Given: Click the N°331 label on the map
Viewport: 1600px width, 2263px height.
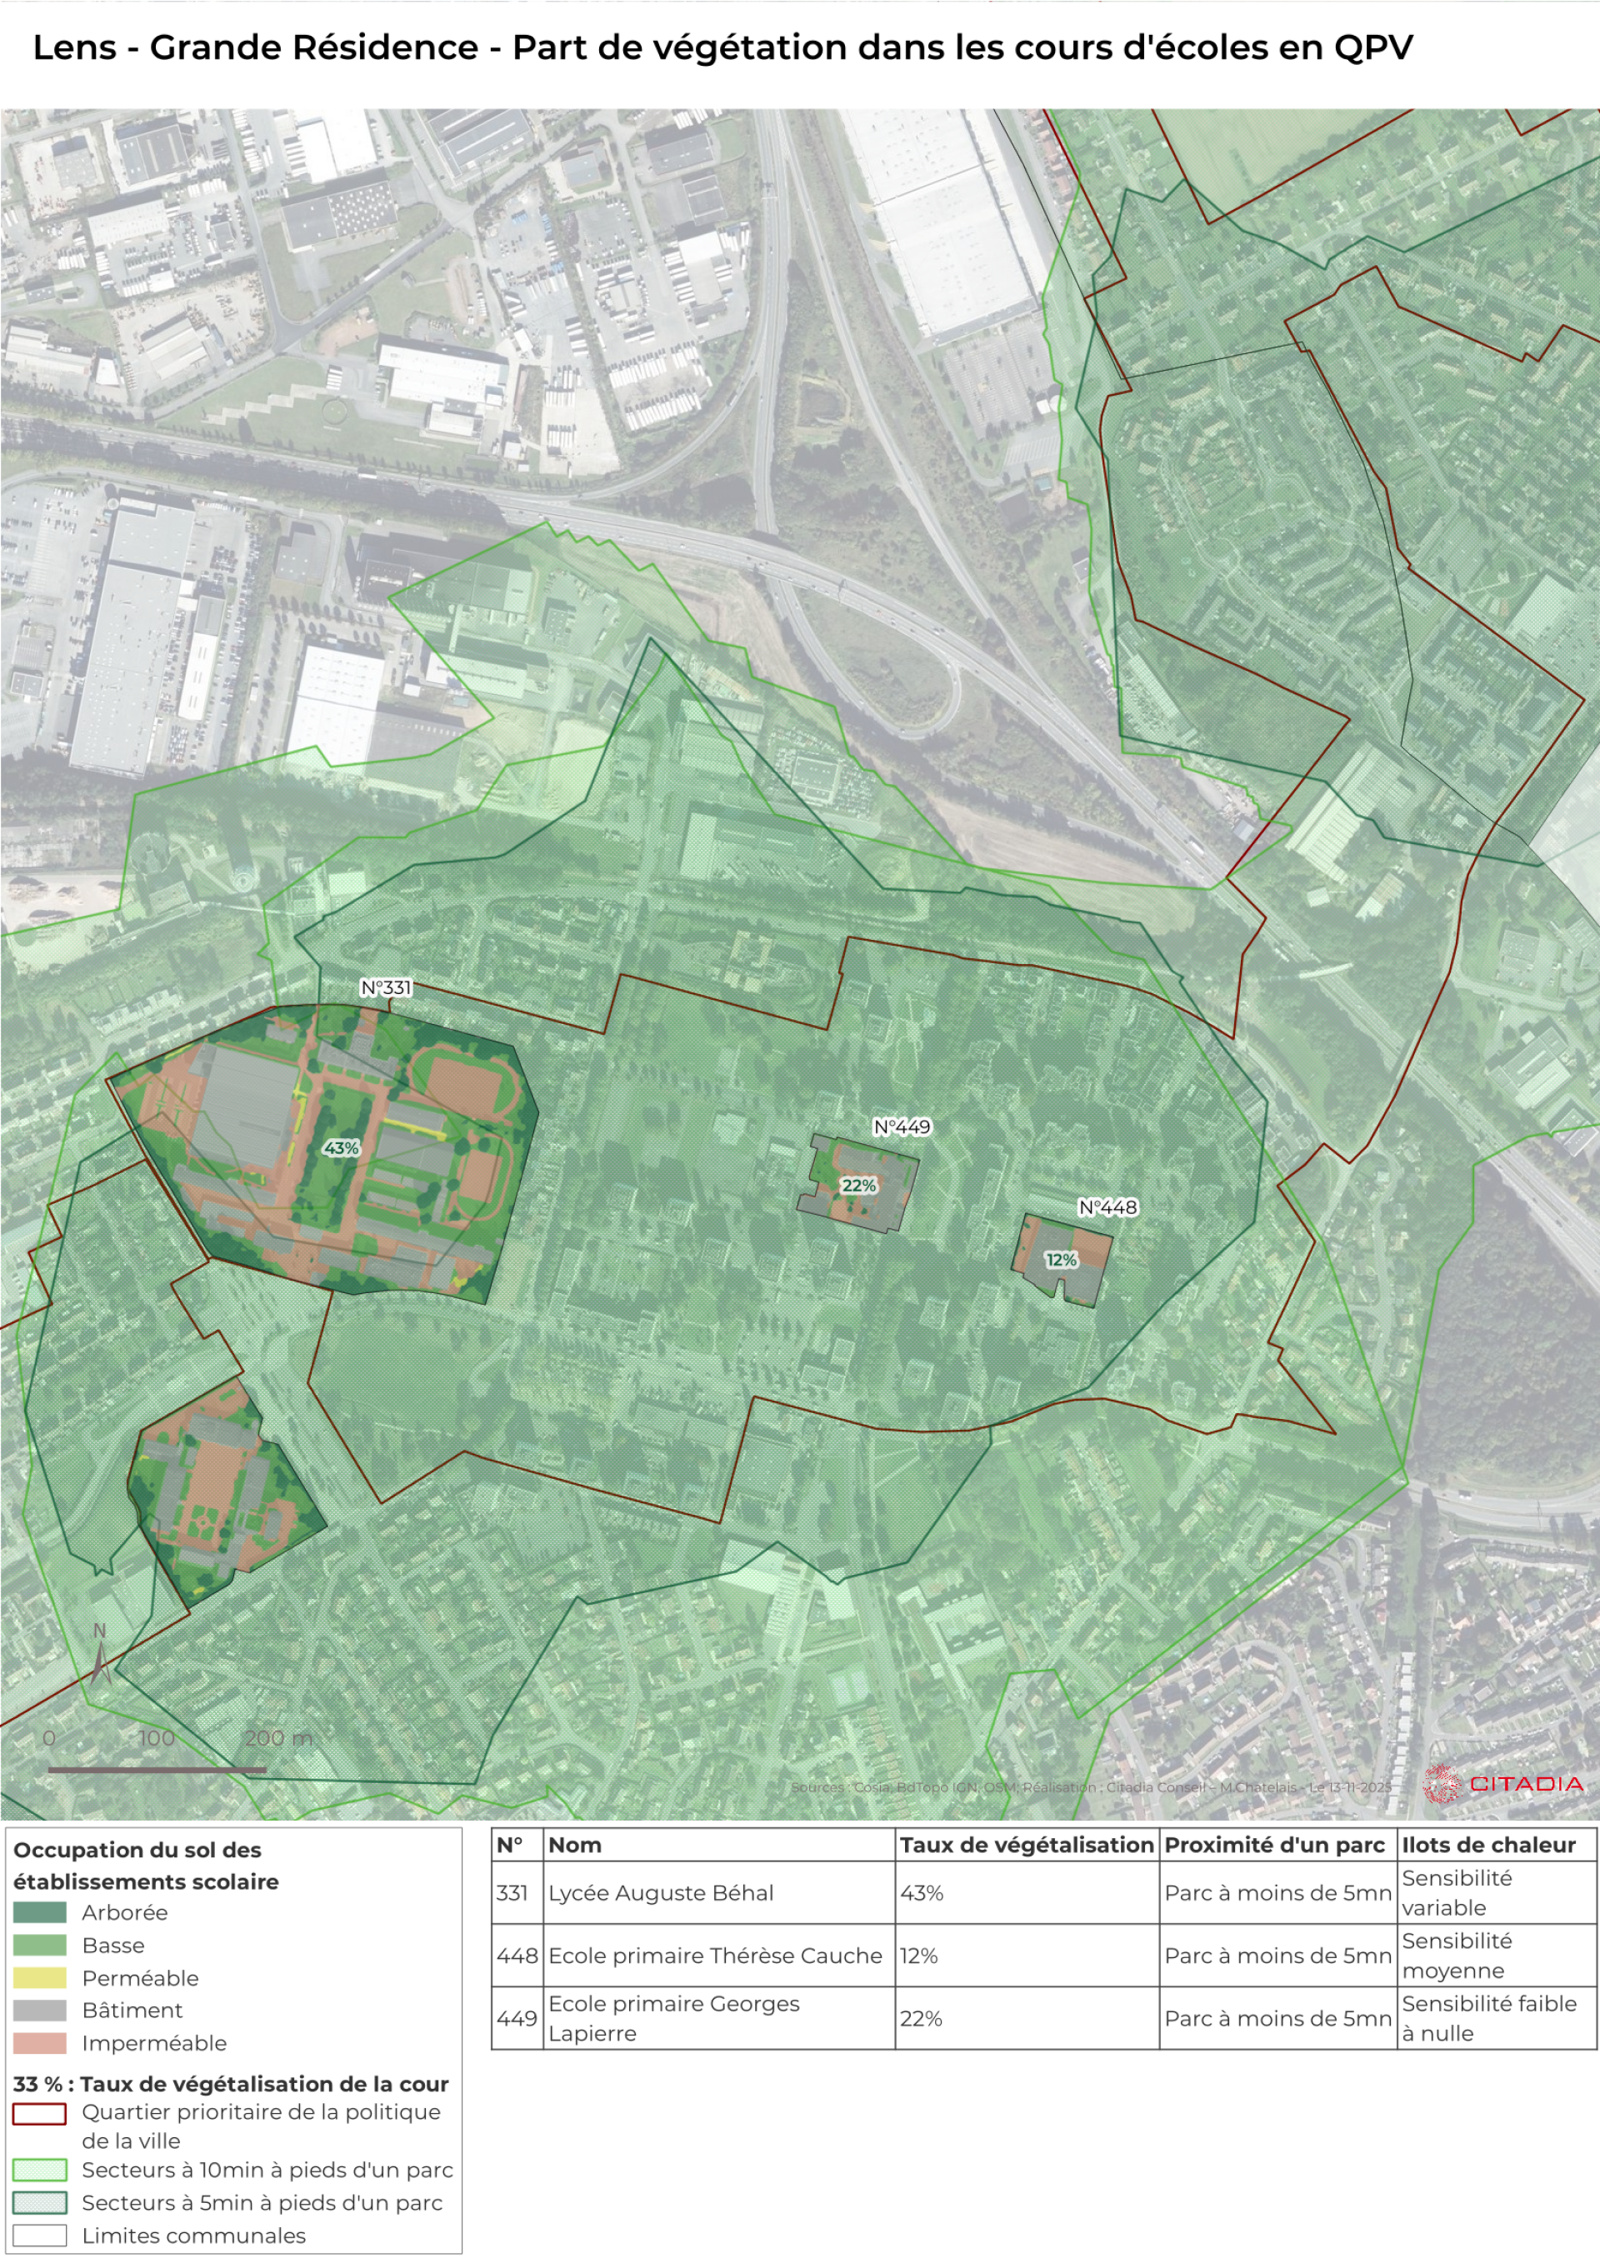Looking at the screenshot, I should coord(386,987).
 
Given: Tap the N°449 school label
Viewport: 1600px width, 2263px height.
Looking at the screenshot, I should coord(901,1127).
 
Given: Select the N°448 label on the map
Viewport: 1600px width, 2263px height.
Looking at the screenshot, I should coord(1107,1207).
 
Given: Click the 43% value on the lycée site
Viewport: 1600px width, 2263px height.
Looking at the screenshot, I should coord(341,1148).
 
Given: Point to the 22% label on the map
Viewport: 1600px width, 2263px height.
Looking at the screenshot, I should coord(858,1186).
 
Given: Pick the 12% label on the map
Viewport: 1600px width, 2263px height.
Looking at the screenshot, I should coord(1061,1260).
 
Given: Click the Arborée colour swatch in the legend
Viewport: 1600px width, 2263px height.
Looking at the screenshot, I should coord(39,1913).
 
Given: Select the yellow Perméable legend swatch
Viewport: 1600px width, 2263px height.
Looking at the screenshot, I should coord(39,1978).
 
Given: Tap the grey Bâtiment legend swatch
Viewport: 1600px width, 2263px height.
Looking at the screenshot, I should coord(39,2011).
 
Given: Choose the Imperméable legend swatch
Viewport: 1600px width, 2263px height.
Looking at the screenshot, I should coord(39,2043).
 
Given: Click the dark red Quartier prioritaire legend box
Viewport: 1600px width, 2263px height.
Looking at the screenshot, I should coord(39,2113).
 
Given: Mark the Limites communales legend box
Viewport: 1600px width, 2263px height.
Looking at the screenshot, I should coord(39,2236).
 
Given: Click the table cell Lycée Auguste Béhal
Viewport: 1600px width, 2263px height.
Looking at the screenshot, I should coord(661,1892).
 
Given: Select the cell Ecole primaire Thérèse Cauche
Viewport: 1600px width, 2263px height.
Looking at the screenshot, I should coord(715,1956).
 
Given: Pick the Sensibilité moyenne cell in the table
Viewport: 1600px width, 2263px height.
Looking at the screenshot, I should coord(1456,1956).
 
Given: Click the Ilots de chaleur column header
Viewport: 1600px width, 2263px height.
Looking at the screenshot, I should coord(1487,1845).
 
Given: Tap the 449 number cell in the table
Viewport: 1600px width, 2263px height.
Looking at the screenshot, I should coord(517,2019).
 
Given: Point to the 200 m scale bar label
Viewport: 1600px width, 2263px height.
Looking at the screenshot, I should coord(278,1739).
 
